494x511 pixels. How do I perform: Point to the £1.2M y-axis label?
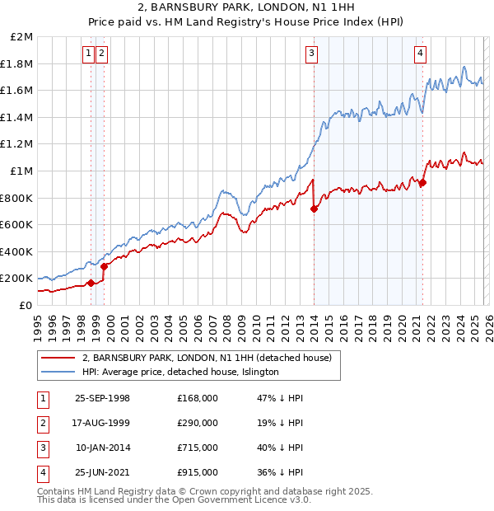point(17,143)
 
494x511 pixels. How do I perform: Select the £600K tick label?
point(17,224)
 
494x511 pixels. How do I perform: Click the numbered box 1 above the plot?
point(88,54)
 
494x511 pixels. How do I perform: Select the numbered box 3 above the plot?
point(312,54)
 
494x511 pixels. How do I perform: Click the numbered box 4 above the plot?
point(420,54)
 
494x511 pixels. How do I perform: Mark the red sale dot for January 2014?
point(314,209)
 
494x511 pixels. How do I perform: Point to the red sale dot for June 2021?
point(422,183)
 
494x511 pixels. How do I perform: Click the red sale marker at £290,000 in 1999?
point(104,266)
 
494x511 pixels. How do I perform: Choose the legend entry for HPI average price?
point(181,373)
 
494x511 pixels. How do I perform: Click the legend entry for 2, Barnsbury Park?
point(206,358)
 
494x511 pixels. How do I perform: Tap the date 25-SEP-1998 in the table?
point(102,398)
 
